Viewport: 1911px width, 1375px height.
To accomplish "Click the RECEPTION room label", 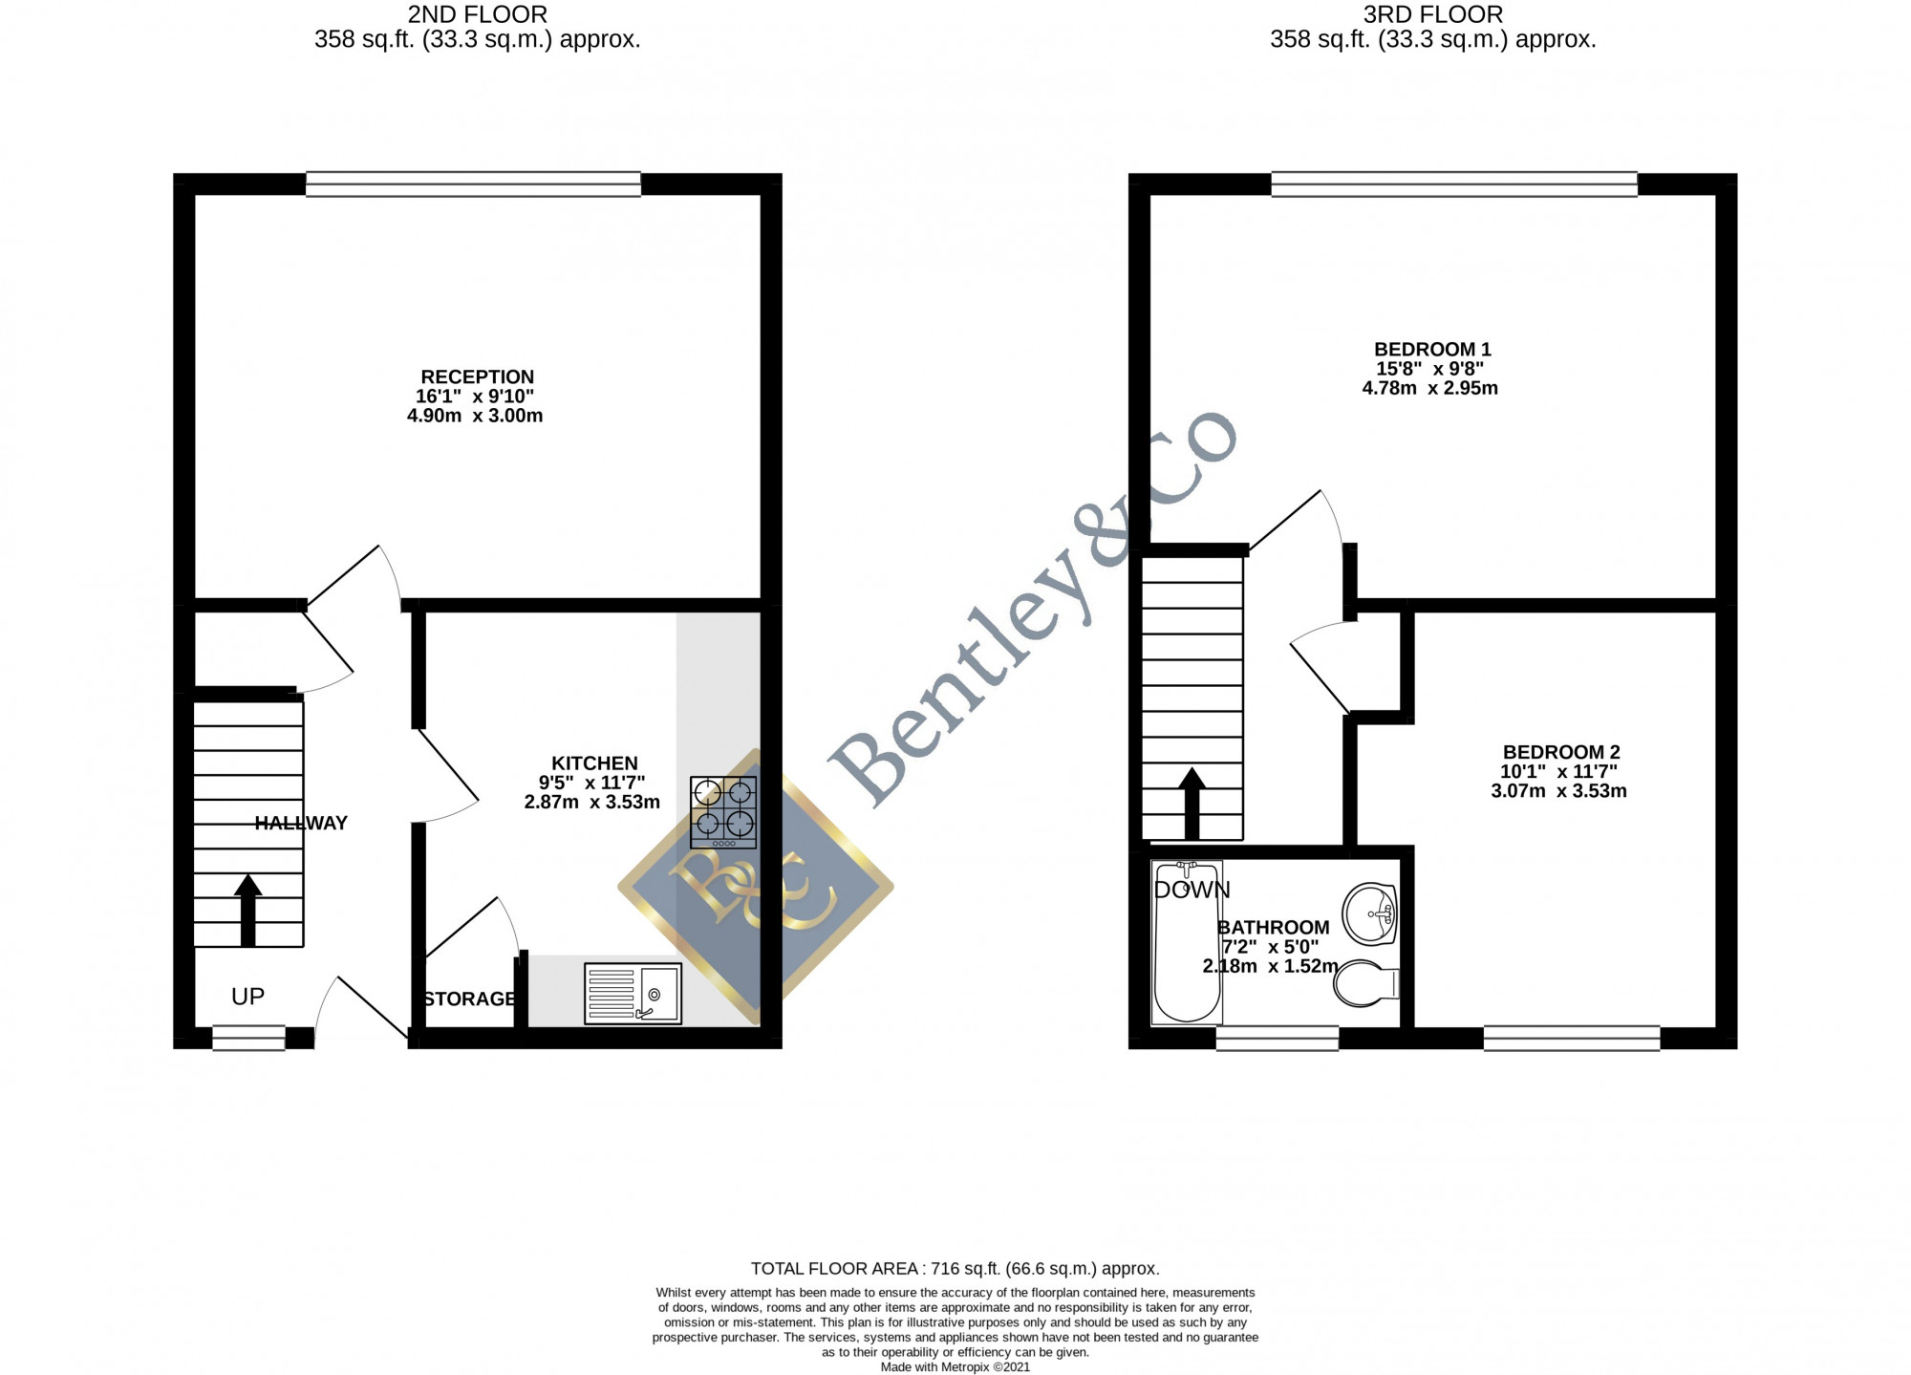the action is [478, 377].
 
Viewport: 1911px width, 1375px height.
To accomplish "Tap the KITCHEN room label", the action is [594, 763].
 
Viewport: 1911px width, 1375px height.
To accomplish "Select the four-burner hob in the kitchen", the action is [723, 812].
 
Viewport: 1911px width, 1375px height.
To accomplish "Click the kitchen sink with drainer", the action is [633, 994].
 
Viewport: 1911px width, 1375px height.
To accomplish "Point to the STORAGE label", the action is [470, 999].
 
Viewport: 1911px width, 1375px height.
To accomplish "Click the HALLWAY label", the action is [301, 824].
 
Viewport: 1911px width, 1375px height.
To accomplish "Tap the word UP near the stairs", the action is [247, 997].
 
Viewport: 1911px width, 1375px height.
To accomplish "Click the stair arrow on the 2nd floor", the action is [247, 910].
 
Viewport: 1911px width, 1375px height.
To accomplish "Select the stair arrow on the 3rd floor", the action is [1192, 804].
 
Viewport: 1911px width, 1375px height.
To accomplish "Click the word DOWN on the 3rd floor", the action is [1192, 891].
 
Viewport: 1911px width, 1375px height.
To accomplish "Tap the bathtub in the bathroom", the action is [1187, 942].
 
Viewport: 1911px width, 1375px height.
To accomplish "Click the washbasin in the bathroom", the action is [1371, 913].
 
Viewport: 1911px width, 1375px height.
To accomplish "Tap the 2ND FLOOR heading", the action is [478, 14].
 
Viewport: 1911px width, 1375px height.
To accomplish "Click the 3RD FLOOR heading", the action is [1433, 14].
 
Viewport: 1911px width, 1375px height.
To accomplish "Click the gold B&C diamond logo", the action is [756, 887].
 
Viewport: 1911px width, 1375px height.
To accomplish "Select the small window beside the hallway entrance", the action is [248, 1038].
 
